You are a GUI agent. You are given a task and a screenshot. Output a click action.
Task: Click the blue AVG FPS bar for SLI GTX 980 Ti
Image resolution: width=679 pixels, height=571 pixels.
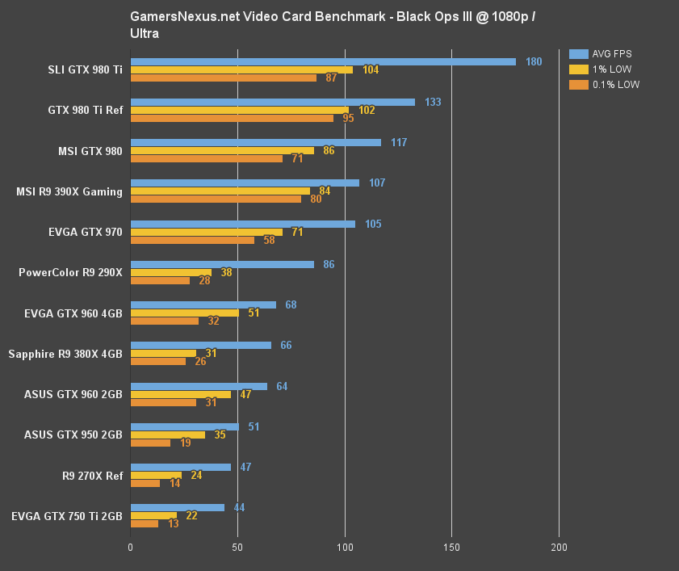coord(323,61)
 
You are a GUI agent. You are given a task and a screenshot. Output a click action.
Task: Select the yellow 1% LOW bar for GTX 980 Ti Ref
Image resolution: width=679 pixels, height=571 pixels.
coord(240,110)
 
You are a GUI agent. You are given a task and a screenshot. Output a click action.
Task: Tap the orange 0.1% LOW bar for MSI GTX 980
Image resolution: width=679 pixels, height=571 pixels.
coord(207,158)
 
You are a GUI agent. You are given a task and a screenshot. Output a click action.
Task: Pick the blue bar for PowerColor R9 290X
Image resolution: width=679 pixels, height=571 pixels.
coord(222,264)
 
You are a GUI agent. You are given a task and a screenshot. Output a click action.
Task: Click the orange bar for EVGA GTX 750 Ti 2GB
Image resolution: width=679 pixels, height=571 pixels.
coord(145,524)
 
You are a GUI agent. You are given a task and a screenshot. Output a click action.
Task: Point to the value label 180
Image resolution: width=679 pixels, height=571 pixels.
coord(534,61)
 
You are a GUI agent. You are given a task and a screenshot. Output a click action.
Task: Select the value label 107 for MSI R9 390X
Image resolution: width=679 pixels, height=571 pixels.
coord(377,183)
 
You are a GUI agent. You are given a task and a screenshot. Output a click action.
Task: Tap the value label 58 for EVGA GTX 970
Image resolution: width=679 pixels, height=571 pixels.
coord(269,240)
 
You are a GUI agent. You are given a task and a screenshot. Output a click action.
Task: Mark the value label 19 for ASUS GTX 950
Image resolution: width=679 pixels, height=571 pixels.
coord(186,443)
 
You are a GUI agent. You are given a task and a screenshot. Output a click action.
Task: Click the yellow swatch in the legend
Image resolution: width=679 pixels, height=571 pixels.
coord(578,69)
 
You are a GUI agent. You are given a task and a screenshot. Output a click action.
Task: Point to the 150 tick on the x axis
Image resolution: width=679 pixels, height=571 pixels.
coord(451,547)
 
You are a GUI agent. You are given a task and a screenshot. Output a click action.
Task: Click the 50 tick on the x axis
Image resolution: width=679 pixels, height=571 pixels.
coord(237,547)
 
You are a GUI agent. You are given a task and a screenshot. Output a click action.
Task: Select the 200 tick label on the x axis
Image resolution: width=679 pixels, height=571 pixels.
coord(559,547)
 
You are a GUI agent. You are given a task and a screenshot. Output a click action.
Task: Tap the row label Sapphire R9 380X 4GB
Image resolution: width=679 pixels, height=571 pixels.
coord(65,354)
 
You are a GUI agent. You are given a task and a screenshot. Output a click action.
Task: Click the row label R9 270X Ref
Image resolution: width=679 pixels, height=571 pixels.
coord(92,476)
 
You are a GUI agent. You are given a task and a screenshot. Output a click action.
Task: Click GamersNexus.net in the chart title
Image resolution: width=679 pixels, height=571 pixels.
coord(174,16)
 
